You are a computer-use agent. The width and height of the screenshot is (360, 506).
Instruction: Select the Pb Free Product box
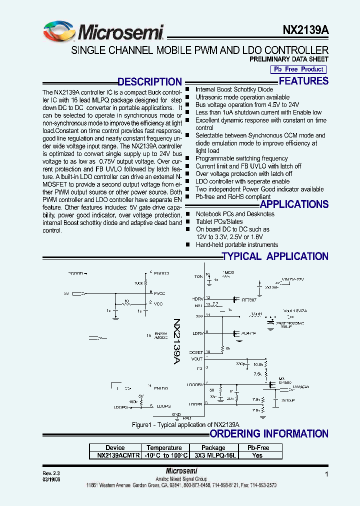point(298,69)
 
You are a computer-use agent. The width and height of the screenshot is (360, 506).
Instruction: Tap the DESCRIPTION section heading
point(149,82)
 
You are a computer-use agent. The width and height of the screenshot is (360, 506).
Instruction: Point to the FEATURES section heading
point(303,81)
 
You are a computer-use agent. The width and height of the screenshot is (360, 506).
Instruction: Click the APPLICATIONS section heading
point(294,204)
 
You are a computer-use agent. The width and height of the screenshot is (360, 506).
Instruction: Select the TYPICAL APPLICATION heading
point(275,256)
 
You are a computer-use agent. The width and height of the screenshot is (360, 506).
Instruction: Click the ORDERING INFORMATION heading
point(268,433)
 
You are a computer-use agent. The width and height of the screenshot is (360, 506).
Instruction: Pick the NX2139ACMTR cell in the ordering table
point(115,455)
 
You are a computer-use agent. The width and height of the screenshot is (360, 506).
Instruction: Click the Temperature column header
point(164,447)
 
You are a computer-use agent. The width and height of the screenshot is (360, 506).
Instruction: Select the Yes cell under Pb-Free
point(257,455)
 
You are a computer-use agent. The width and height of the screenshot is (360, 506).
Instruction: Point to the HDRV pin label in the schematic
point(197,298)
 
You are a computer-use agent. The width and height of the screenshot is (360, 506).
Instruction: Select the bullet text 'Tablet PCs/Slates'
point(219,221)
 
